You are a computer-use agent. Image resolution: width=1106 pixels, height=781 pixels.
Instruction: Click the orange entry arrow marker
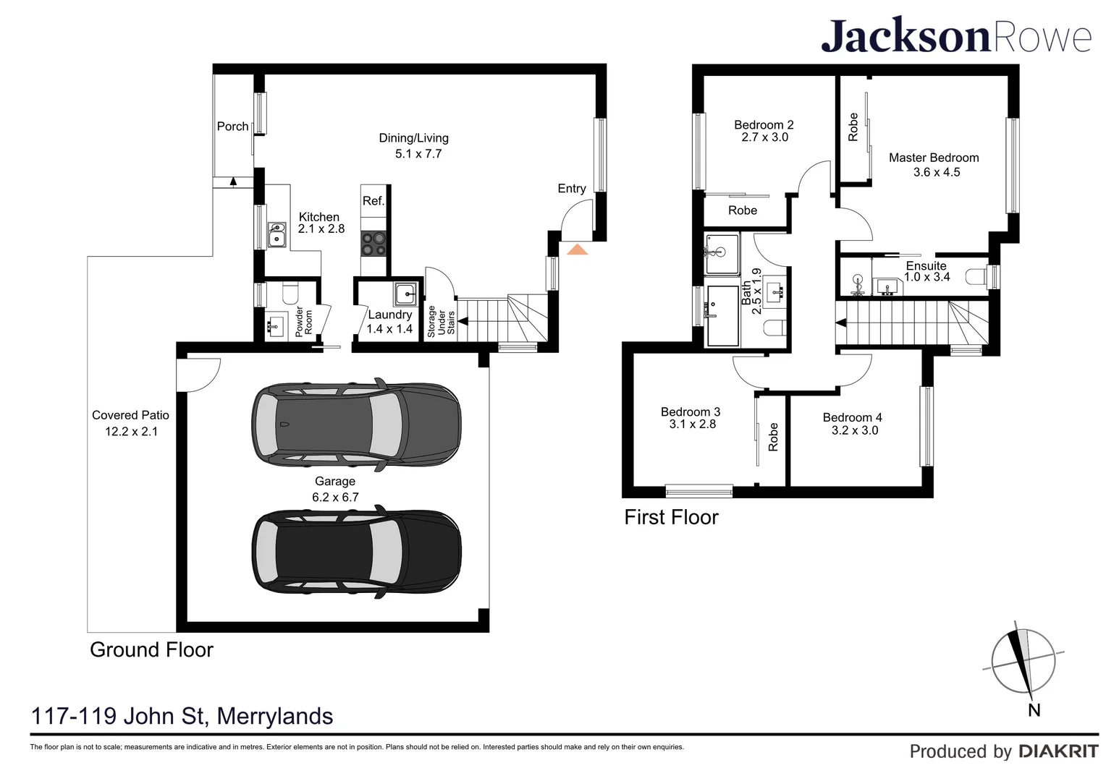(577, 249)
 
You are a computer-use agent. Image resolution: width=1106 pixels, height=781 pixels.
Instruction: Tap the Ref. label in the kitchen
(373, 201)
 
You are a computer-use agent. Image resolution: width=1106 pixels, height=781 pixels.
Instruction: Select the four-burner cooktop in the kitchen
(373, 244)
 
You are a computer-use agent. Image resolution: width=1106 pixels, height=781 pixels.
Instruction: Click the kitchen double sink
(277, 234)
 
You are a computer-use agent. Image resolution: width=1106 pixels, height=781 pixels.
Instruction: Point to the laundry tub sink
(406, 294)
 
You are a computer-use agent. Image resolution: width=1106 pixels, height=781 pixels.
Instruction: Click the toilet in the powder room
(290, 293)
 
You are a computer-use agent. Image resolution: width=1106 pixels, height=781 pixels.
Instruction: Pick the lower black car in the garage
(357, 552)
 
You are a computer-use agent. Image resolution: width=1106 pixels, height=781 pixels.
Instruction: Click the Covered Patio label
(130, 415)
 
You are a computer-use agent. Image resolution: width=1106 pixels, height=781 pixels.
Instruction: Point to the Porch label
(232, 127)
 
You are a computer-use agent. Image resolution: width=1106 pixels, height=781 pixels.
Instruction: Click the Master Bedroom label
(934, 158)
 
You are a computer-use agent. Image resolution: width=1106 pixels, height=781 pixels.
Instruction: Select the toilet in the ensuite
(976, 276)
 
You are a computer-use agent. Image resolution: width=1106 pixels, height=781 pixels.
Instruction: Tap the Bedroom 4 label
(852, 417)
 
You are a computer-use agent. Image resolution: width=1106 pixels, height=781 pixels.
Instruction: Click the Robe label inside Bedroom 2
(743, 210)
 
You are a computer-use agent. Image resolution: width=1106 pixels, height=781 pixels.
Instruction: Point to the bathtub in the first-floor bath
(723, 316)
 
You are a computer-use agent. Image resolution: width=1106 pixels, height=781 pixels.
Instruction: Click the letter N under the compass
(1034, 710)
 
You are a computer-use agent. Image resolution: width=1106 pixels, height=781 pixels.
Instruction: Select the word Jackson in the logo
(906, 35)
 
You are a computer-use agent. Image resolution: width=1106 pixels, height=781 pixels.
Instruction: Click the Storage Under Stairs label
(441, 321)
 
